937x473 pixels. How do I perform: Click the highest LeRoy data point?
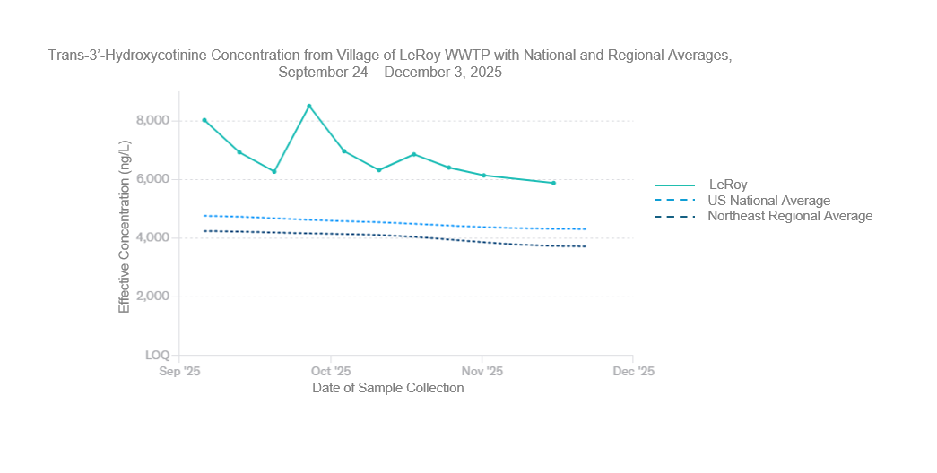click(x=309, y=107)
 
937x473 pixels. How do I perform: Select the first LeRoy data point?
click(x=204, y=120)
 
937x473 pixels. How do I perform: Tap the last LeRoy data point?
click(x=553, y=183)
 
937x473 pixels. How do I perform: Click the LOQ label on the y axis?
click(x=155, y=356)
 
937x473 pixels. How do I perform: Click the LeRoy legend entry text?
click(x=727, y=185)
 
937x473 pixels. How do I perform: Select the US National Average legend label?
click(x=768, y=201)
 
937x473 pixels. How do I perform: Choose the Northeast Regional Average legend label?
click(x=789, y=216)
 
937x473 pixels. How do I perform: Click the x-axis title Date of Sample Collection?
click(x=388, y=388)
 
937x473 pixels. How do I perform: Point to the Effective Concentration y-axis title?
click(x=125, y=227)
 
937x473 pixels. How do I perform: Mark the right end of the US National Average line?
click(x=586, y=229)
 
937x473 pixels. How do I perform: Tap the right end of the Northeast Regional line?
click(x=586, y=246)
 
